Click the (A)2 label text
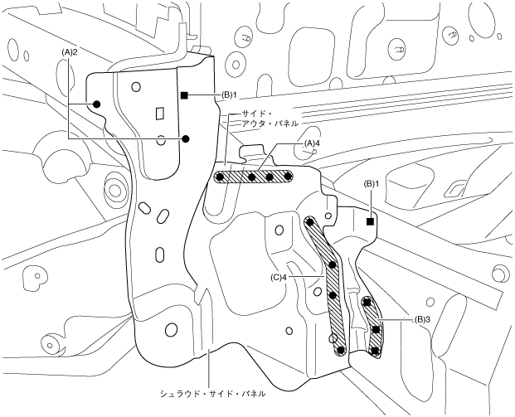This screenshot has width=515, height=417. coord(70,51)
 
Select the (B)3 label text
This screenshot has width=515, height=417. coord(421,318)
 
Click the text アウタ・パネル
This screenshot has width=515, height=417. coord(270,124)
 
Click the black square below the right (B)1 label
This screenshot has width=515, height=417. coord(371,221)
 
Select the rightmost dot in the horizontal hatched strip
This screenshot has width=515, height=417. coord(287,177)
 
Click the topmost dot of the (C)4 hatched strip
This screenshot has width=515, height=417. coord(310,222)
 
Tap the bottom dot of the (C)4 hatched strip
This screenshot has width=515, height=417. coord(339,350)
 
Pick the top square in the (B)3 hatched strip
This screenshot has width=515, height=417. coord(367,303)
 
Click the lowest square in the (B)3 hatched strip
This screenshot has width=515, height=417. coord(376,351)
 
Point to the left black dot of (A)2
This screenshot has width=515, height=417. coord(97,104)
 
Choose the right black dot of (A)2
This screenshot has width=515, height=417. coord(187,138)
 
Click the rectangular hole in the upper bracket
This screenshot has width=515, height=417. coord(158,113)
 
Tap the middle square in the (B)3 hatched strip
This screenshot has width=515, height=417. coord(376,330)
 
